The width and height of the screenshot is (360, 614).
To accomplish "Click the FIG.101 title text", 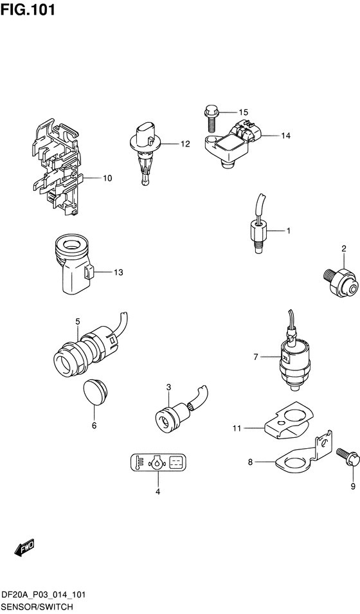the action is coord(28,10).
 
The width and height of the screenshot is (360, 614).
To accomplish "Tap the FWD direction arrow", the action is coord(24,547).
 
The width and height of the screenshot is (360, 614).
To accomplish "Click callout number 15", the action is coord(243,113).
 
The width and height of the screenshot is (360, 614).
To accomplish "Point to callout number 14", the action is coord(285,136).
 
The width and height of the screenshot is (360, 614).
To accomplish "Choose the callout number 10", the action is coord(107,178).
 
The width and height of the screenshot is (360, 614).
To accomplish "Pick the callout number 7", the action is coord(256,357).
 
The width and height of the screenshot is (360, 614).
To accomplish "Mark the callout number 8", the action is coord(250,462).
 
